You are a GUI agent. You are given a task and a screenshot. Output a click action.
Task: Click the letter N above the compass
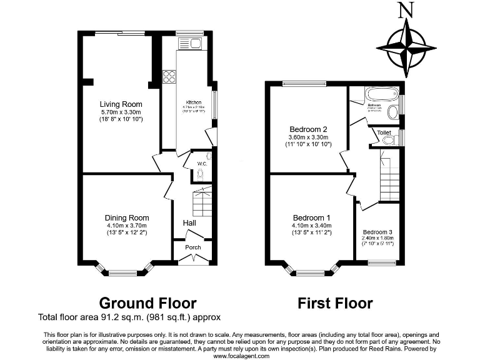point(407,9)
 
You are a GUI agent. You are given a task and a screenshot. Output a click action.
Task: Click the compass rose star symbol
point(407,46)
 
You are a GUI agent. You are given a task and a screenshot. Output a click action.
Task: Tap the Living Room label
point(121,104)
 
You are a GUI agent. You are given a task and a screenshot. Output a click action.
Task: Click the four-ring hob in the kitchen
point(169,77)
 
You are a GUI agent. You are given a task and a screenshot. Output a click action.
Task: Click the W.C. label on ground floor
point(202,164)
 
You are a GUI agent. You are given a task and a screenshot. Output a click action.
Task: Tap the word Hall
point(191,223)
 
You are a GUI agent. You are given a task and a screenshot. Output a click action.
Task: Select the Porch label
point(193,247)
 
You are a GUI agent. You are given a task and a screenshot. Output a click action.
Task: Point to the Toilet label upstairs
point(384,132)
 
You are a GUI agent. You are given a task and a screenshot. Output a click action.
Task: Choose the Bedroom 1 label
point(310,217)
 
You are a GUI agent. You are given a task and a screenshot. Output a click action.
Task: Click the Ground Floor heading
point(148,303)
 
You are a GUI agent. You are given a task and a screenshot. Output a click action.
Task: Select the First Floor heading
point(335,303)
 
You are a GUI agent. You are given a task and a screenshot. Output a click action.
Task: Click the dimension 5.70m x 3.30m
point(121,112)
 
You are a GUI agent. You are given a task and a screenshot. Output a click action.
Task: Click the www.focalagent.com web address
point(241,356)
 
